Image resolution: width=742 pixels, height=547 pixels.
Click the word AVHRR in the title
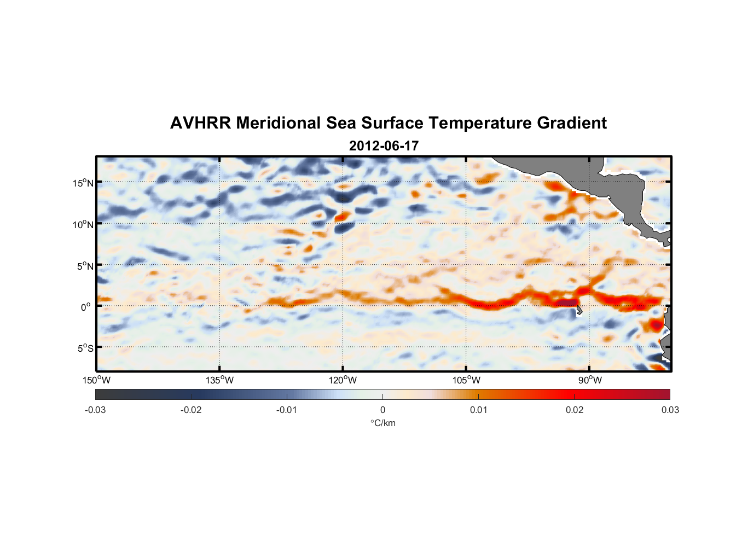point(200,123)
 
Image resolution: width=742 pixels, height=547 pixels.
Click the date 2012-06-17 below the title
point(384,146)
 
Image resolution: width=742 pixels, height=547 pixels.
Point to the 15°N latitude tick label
point(83,183)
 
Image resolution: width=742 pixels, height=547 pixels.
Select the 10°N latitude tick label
point(83,224)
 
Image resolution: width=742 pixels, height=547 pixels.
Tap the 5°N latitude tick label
point(85,266)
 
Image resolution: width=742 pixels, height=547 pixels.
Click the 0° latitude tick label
point(86,307)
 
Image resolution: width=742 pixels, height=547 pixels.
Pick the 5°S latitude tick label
point(85,348)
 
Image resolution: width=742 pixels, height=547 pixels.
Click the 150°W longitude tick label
point(97,380)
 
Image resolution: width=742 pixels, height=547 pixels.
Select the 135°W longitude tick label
point(220,380)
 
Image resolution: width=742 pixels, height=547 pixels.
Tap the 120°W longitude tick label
point(343,380)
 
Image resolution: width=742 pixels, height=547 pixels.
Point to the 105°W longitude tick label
point(466,380)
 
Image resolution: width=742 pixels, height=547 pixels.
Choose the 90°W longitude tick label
point(590,380)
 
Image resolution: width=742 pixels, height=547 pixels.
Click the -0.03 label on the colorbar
point(95,410)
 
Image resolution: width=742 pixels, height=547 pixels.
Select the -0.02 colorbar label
point(191,410)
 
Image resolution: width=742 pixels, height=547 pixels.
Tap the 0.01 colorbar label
point(478,410)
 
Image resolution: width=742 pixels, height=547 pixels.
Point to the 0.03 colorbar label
point(670,410)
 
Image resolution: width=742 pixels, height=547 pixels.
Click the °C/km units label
point(382,423)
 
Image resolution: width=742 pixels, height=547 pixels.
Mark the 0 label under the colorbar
point(382,410)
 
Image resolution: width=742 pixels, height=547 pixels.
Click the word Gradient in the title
point(571,123)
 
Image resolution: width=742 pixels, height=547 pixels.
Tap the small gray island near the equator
point(579,310)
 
